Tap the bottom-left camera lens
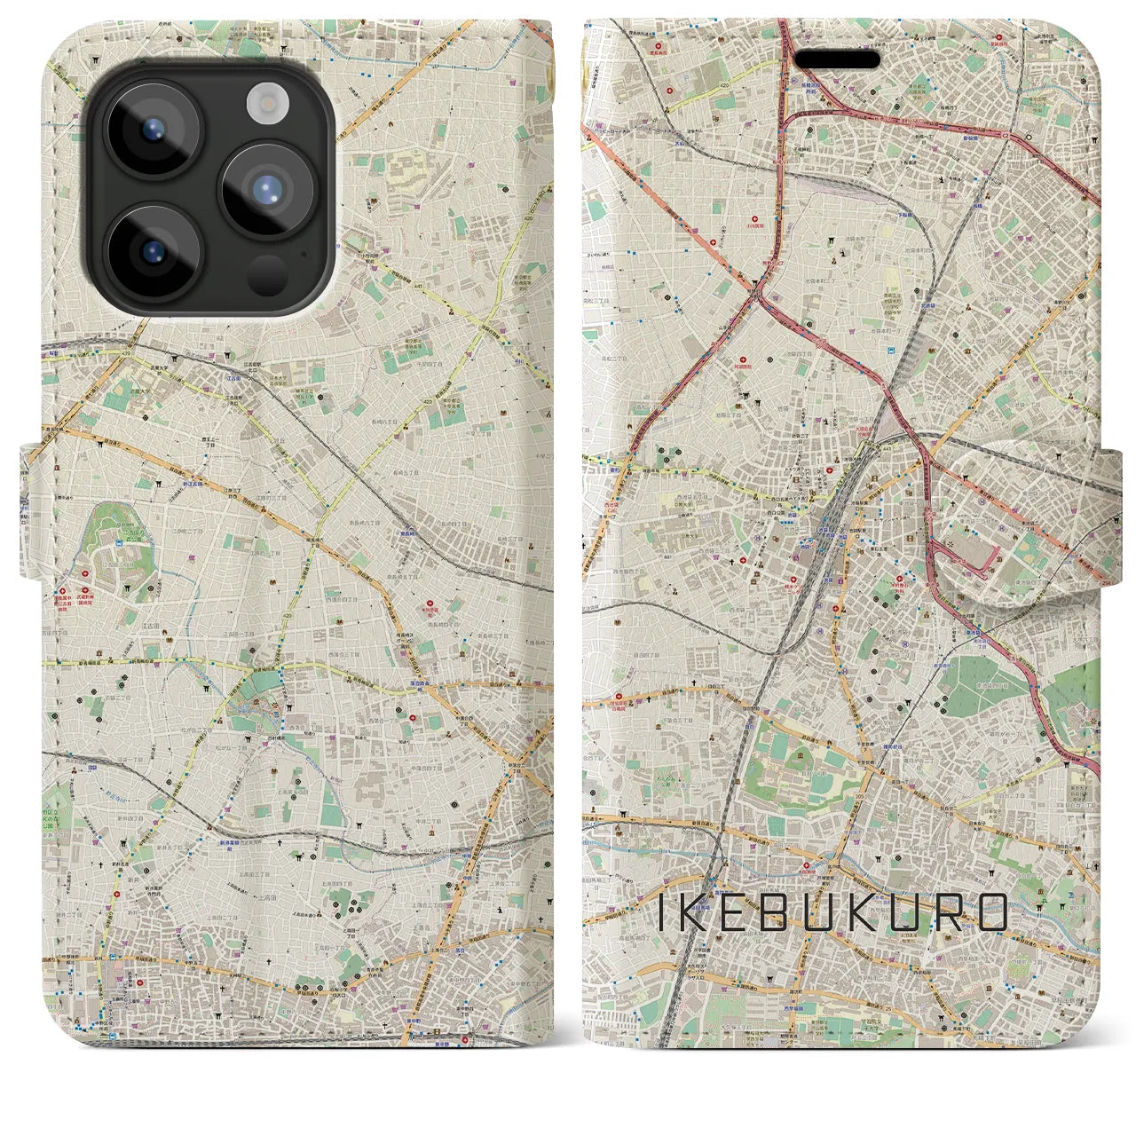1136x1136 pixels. (x=154, y=251)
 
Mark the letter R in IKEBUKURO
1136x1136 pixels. (x=943, y=911)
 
